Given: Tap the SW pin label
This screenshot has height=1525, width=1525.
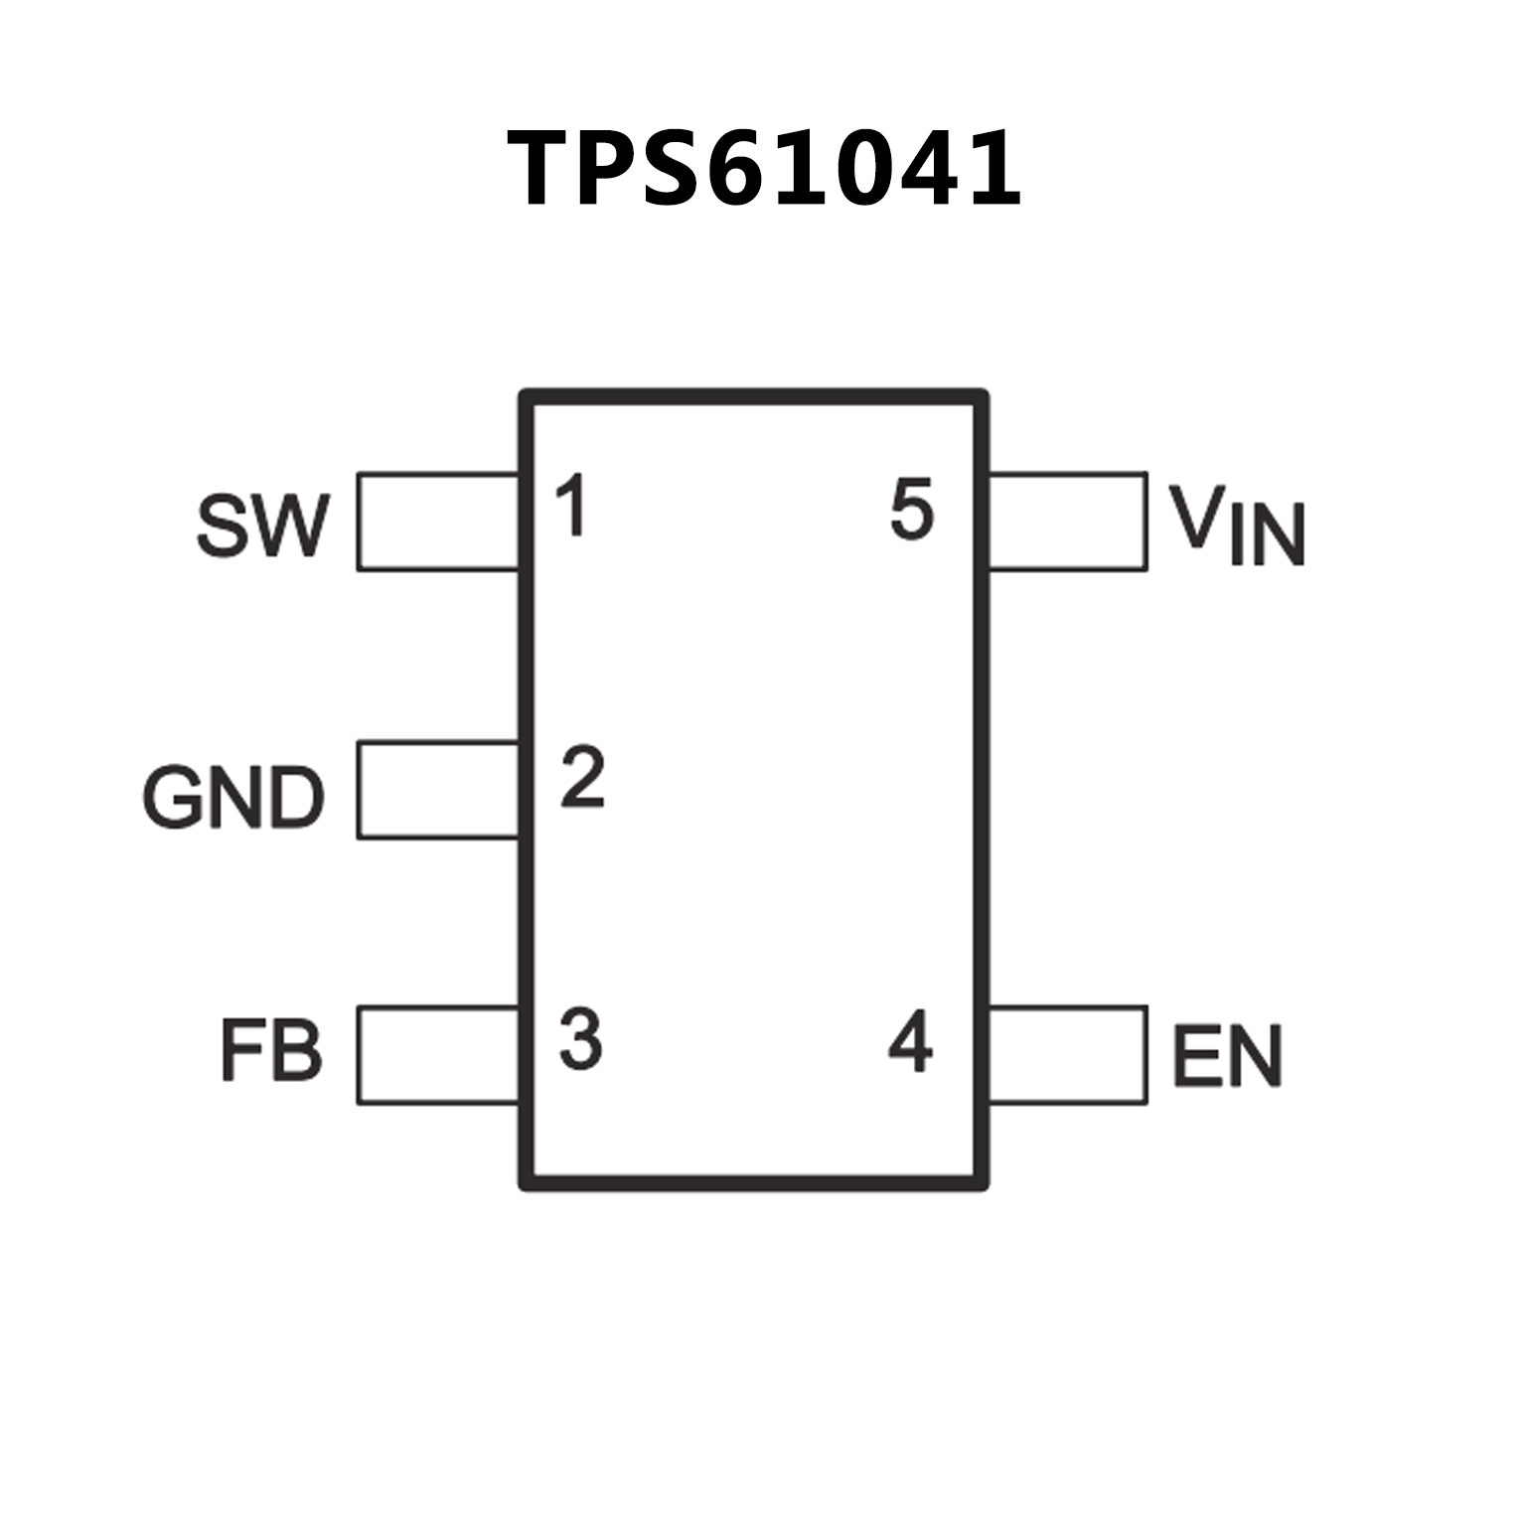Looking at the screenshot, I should click(x=261, y=526).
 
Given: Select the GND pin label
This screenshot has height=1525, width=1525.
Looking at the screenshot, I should click(x=234, y=797).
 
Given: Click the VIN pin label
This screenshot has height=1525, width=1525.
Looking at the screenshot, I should click(x=1236, y=526).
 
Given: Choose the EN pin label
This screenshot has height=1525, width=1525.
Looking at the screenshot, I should click(x=1228, y=1055).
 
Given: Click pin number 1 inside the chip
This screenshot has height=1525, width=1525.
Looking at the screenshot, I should click(x=571, y=506).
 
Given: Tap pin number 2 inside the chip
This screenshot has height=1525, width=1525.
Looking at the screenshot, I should click(x=582, y=777).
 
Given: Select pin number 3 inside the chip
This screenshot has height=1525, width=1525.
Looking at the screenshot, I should click(x=581, y=1039).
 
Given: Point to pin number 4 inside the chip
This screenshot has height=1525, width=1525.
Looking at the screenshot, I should click(x=911, y=1042).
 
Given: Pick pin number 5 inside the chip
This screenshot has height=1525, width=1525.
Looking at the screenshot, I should click(x=912, y=510).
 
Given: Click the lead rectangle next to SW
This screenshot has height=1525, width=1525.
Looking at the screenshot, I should click(x=438, y=522).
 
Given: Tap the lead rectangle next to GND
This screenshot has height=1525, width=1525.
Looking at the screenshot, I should click(x=438, y=790).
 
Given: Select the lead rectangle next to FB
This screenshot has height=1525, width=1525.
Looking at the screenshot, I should click(x=438, y=1055).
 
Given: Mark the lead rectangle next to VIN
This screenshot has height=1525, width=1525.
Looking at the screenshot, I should click(x=1068, y=522).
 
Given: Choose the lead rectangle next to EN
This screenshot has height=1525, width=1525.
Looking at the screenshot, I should click(x=1068, y=1055).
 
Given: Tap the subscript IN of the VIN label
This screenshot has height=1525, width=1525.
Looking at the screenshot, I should click(x=1267, y=537).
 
